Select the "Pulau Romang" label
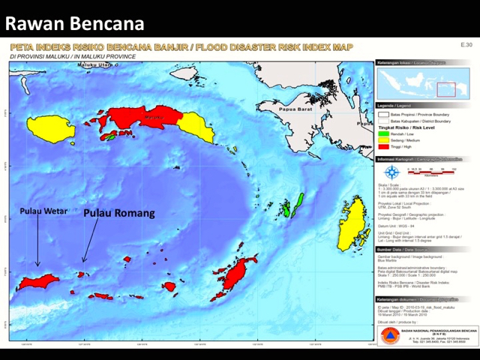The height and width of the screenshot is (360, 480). coord(118,213)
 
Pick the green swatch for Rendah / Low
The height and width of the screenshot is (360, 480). coord(382,134)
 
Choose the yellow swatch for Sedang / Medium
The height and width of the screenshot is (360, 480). coord(382,140)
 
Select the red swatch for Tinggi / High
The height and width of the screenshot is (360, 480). coord(382,146)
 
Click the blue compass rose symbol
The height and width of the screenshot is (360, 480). coord(390,170)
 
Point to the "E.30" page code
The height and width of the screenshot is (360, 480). coord(466,45)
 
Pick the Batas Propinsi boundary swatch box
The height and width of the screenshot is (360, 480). coord(382,115)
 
